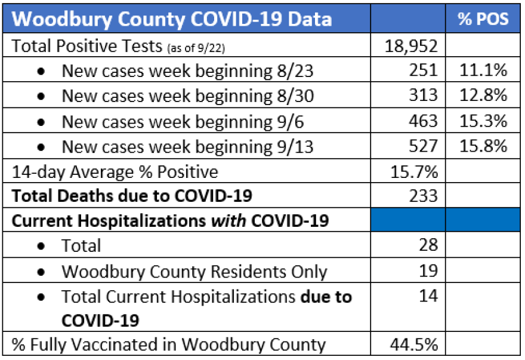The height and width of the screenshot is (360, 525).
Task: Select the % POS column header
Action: coord(483,19)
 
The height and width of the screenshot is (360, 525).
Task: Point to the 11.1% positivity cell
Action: coord(483,71)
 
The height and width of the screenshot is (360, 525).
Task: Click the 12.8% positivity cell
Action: coord(483,96)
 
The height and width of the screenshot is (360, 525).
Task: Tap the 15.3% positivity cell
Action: coord(483,121)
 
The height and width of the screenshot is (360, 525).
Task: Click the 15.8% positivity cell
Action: coord(483,146)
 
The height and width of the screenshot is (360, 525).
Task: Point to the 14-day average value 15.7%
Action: coord(415,172)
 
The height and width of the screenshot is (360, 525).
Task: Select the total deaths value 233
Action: coord(424,196)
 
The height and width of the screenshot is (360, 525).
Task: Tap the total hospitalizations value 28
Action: coord(428,245)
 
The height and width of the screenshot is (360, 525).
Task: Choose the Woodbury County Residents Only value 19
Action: coord(428,271)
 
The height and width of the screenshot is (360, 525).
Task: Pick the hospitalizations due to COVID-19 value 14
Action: coord(428,297)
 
